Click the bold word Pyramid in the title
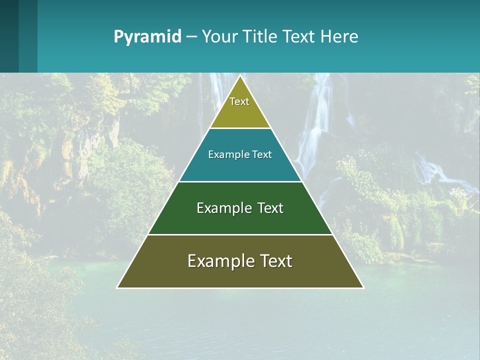pos(147,37)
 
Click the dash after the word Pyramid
pos(191,37)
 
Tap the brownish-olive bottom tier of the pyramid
pos(240,275)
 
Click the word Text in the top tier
pos(239,101)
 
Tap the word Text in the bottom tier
pos(276,261)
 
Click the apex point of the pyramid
pos(240,76)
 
